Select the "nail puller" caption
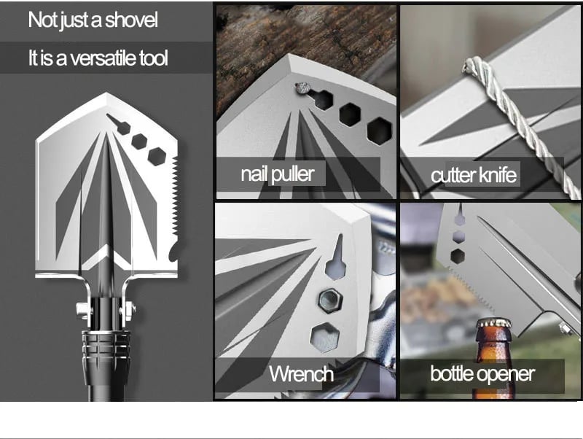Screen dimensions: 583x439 278,174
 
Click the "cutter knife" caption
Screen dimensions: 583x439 473,175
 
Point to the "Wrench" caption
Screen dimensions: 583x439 301,373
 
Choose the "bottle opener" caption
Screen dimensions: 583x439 482,373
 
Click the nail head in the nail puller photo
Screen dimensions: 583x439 302,88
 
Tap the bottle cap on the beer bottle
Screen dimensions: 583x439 493,323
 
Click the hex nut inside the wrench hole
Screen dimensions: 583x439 329,299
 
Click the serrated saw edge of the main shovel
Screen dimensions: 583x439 174,197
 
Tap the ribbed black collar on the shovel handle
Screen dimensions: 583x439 106,344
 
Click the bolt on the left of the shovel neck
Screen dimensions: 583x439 82,310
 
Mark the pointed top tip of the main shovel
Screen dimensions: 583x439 106,93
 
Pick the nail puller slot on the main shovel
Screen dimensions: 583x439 119,124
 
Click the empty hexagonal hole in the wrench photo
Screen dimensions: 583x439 324,337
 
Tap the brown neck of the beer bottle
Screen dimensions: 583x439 493,346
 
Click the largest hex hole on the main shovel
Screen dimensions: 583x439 157,156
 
